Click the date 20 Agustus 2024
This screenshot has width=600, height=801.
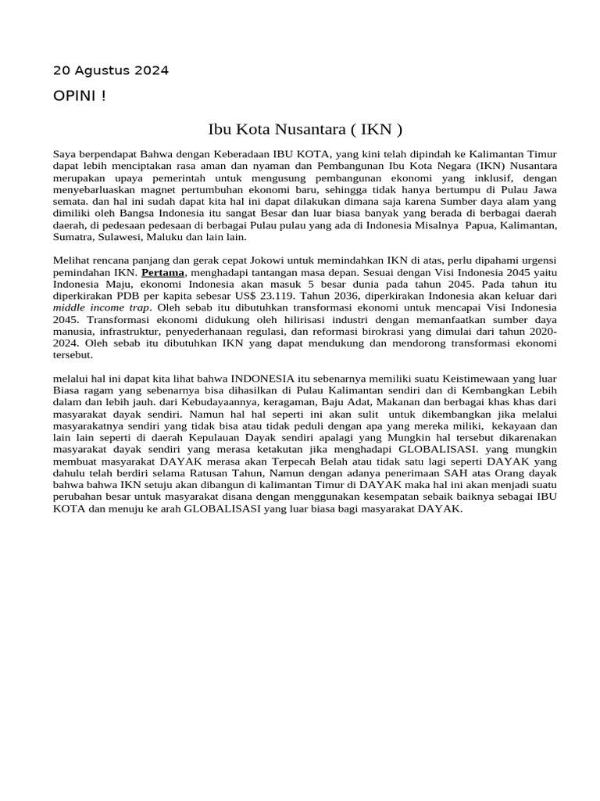tap(110, 70)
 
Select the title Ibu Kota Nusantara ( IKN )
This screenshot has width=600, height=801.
tap(305, 128)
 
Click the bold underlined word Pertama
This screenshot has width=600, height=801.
tap(162, 272)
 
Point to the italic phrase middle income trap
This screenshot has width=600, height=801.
tap(100, 307)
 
